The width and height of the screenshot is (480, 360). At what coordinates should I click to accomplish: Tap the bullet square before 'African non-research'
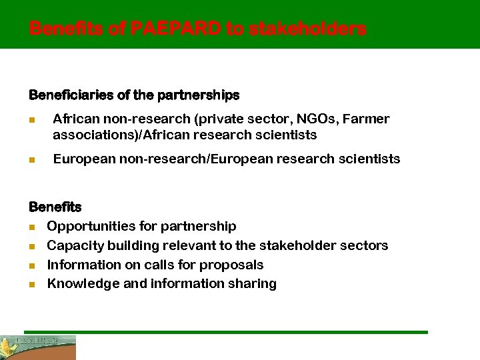click(32, 119)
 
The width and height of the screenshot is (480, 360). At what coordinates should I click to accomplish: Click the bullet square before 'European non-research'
click(32, 159)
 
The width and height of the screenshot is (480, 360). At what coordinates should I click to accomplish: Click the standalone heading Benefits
click(55, 207)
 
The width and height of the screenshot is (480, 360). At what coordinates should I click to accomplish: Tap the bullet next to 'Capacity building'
click(32, 246)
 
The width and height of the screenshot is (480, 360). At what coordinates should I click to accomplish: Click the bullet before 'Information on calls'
click(32, 265)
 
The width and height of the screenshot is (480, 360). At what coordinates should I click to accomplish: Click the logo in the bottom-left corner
click(38, 347)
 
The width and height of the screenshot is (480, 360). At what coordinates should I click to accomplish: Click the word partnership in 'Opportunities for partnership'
click(198, 226)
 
